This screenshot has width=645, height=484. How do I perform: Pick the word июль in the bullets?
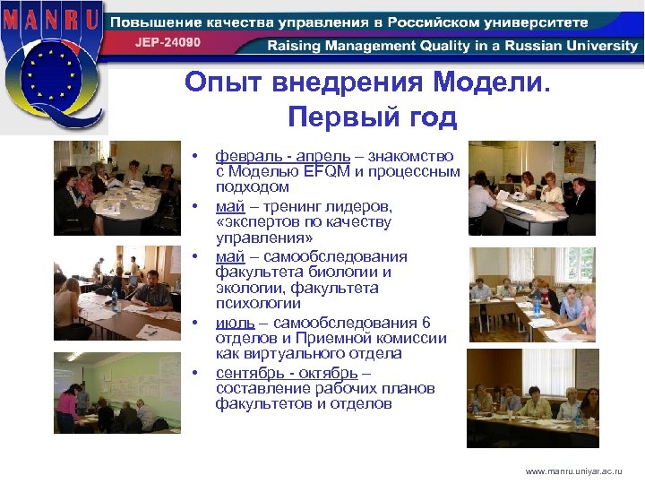[x=235, y=322]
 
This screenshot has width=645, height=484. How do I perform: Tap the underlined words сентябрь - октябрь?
[x=287, y=372]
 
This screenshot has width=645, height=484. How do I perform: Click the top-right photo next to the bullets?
[x=531, y=188]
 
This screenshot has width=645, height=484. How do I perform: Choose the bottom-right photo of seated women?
[x=531, y=397]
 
